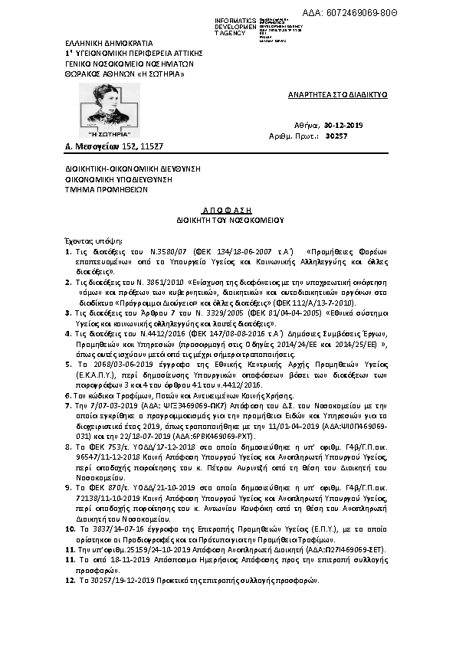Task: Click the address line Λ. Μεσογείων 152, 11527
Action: coord(103,146)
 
